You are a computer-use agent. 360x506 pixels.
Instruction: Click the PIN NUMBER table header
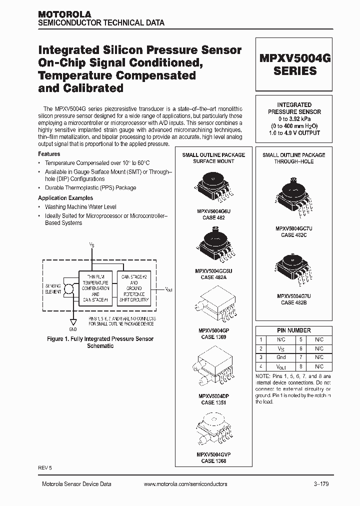pyautogui.click(x=294, y=330)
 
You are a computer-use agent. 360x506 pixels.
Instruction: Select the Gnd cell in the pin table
pyautogui.click(x=281, y=357)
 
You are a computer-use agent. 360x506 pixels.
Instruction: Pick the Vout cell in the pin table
pyautogui.click(x=281, y=366)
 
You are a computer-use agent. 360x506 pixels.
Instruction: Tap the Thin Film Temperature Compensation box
pyautogui.click(x=95, y=288)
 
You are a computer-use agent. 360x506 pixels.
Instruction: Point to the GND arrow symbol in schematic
pyautogui.click(x=72, y=322)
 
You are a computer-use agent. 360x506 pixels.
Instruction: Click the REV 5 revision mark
pyautogui.click(x=45, y=467)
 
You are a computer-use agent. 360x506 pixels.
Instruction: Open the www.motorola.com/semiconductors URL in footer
pyautogui.click(x=185, y=484)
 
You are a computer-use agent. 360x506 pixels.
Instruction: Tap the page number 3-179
pyautogui.click(x=321, y=484)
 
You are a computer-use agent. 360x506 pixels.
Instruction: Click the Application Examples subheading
pyautogui.click(x=65, y=198)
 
